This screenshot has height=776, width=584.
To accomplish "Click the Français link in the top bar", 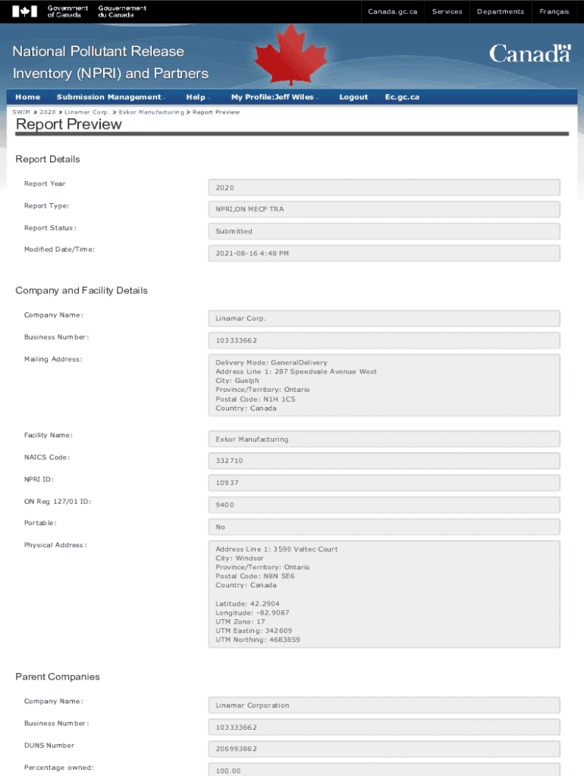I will pos(554,11).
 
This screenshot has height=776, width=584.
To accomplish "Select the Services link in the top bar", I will pos(447,11).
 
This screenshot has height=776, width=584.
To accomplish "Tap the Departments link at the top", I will pos(500,11).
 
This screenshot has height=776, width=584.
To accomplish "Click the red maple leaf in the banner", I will pos(284,55).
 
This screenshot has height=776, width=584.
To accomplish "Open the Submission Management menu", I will pos(109,97).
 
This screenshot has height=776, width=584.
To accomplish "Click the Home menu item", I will pos(28,97).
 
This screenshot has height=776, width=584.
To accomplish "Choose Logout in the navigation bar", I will pos(353,97).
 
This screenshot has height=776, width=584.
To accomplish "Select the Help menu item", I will pos(196,97).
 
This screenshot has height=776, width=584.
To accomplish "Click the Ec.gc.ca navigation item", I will pos(402,97).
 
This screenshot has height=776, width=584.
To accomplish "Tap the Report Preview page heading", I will pos(69,124).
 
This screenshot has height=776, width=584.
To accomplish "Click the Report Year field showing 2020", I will pos(384,187).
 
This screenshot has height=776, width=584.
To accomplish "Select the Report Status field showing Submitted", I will pos(384,231).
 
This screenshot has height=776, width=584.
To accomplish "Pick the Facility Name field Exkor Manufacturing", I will pos(384,439).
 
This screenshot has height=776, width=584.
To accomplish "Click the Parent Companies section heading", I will pos(58,677).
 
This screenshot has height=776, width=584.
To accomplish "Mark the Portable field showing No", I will pos(384,527).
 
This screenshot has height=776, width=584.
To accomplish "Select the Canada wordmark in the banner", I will pos(529,54).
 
